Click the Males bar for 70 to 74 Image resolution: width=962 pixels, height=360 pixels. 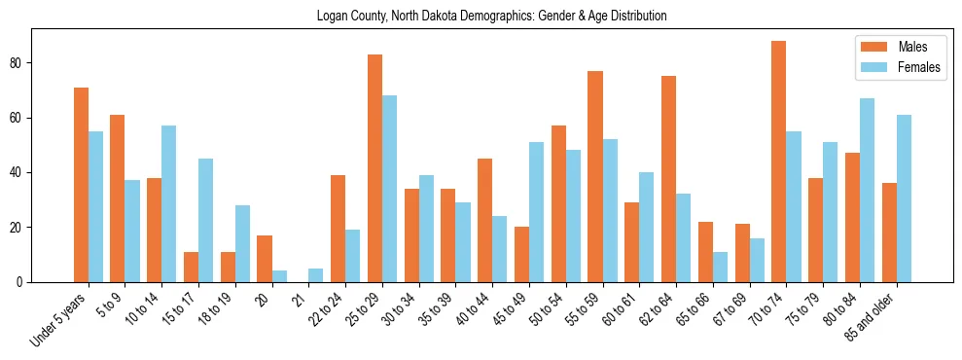click(778, 162)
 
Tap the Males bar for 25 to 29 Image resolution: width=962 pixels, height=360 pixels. click(374, 168)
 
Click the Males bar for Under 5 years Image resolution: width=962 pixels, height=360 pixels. click(81, 185)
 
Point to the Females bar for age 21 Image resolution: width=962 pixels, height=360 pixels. click(316, 275)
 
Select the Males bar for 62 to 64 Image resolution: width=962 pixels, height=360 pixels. click(668, 179)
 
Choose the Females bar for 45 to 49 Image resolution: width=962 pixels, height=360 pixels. click(536, 212)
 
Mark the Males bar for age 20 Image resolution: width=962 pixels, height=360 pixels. click(265, 259)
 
